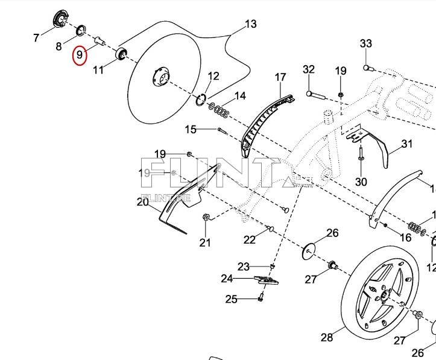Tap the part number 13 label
[x=250, y=24]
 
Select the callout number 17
[x=280, y=77]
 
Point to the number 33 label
[x=366, y=43]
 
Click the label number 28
[x=327, y=336]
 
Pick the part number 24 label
[x=227, y=279]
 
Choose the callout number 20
[x=142, y=202]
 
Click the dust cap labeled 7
[x=60, y=18]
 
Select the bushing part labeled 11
[x=122, y=54]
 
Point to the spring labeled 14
[x=220, y=111]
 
